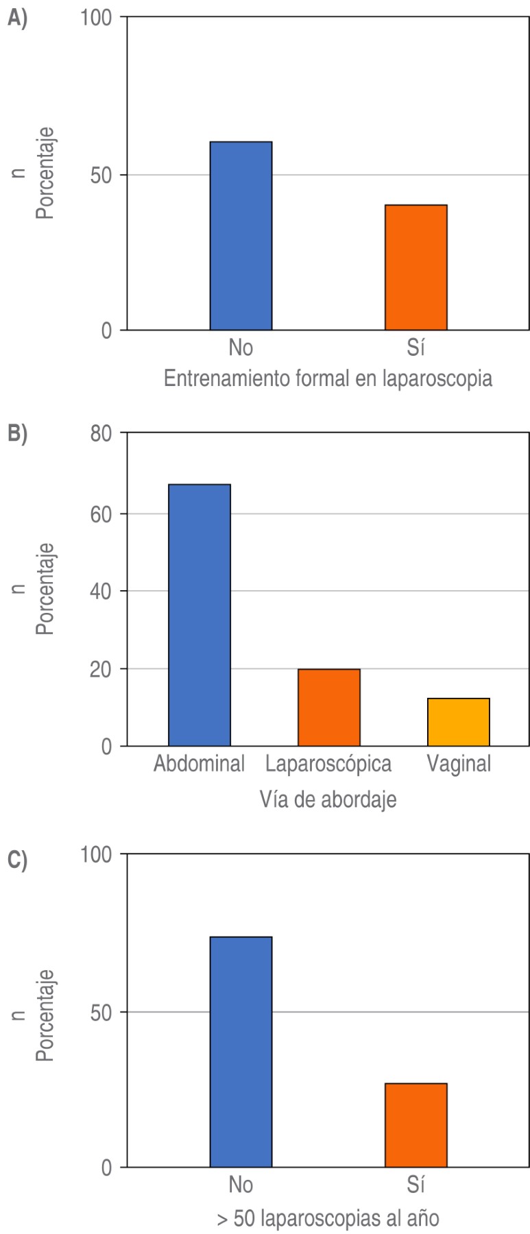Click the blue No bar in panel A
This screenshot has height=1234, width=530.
[241, 236]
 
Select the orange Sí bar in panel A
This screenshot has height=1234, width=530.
[415, 267]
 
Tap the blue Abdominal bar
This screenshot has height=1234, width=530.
[200, 615]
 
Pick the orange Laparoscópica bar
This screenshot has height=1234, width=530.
[328, 707]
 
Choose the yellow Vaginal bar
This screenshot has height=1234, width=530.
[458, 722]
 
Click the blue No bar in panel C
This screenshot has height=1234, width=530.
[241, 1052]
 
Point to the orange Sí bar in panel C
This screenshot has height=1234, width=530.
[415, 1125]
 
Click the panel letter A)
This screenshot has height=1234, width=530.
[17, 19]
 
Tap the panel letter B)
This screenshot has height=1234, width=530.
[17, 434]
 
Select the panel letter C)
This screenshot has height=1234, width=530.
[17, 860]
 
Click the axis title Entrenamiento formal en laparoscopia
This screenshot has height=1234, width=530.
[328, 378]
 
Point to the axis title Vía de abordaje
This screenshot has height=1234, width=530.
[328, 799]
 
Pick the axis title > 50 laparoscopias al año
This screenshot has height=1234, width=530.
[328, 1218]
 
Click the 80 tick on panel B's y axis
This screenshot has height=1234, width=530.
[101, 434]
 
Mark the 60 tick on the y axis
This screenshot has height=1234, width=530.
[101, 514]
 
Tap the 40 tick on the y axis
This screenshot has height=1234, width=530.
[101, 591]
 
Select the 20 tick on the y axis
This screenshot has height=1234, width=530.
[101, 669]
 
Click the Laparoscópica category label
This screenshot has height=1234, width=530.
[328, 764]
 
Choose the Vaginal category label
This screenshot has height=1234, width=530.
[459, 764]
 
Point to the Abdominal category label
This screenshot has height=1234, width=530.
[199, 764]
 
